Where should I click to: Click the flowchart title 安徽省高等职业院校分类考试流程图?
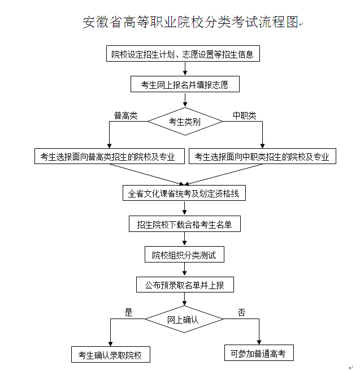coord(190,23)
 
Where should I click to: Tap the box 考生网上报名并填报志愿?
coord(185,85)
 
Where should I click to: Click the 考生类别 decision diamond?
coord(185,121)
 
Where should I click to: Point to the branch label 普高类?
coord(126,115)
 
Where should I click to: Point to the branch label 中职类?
coord(244,115)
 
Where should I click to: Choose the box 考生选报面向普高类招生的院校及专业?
coord(109,157)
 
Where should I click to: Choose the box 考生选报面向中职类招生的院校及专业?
coord(262,157)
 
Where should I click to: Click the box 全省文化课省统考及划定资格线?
coord(184,193)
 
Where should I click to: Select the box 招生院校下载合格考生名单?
coord(185,225)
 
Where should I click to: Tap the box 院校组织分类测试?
coord(184,255)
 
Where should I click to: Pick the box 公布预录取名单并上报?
coord(185,285)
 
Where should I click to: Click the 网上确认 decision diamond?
coord(184,320)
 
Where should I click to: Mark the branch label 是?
coord(128,312)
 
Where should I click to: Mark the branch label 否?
coord(241,312)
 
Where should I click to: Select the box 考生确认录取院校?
coord(110,355)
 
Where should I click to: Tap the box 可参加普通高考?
coord(258,354)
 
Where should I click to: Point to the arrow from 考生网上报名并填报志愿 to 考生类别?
coord(185,100)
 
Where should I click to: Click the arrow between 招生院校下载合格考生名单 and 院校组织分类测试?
coord(185,239)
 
